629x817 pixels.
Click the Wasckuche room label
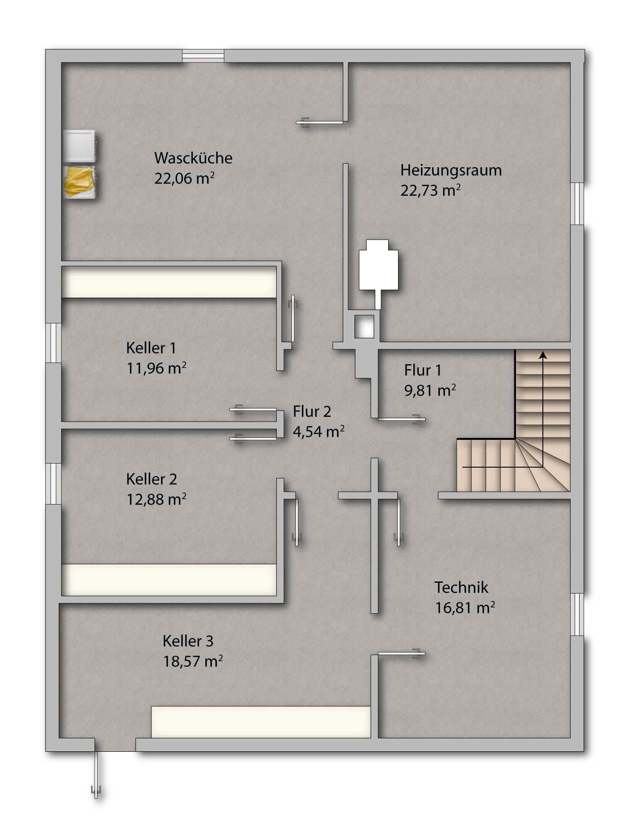[193, 158]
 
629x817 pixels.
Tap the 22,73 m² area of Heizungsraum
[430, 190]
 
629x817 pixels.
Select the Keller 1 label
[151, 348]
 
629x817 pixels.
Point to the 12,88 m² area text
[156, 499]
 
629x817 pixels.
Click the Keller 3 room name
[188, 641]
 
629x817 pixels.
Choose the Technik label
[461, 587]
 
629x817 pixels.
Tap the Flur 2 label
[312, 411]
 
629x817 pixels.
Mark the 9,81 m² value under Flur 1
[430, 390]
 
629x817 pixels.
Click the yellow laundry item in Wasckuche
[80, 182]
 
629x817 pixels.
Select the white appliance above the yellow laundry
[80, 146]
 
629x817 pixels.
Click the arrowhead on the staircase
[543, 355]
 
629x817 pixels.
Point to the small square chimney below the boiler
[364, 326]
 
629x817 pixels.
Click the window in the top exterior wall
[203, 56]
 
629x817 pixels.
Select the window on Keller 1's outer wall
[53, 343]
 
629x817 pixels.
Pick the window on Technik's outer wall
[577, 614]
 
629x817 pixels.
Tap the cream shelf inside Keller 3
[261, 722]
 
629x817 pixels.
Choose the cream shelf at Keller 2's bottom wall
[169, 580]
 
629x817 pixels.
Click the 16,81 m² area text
[465, 607]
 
